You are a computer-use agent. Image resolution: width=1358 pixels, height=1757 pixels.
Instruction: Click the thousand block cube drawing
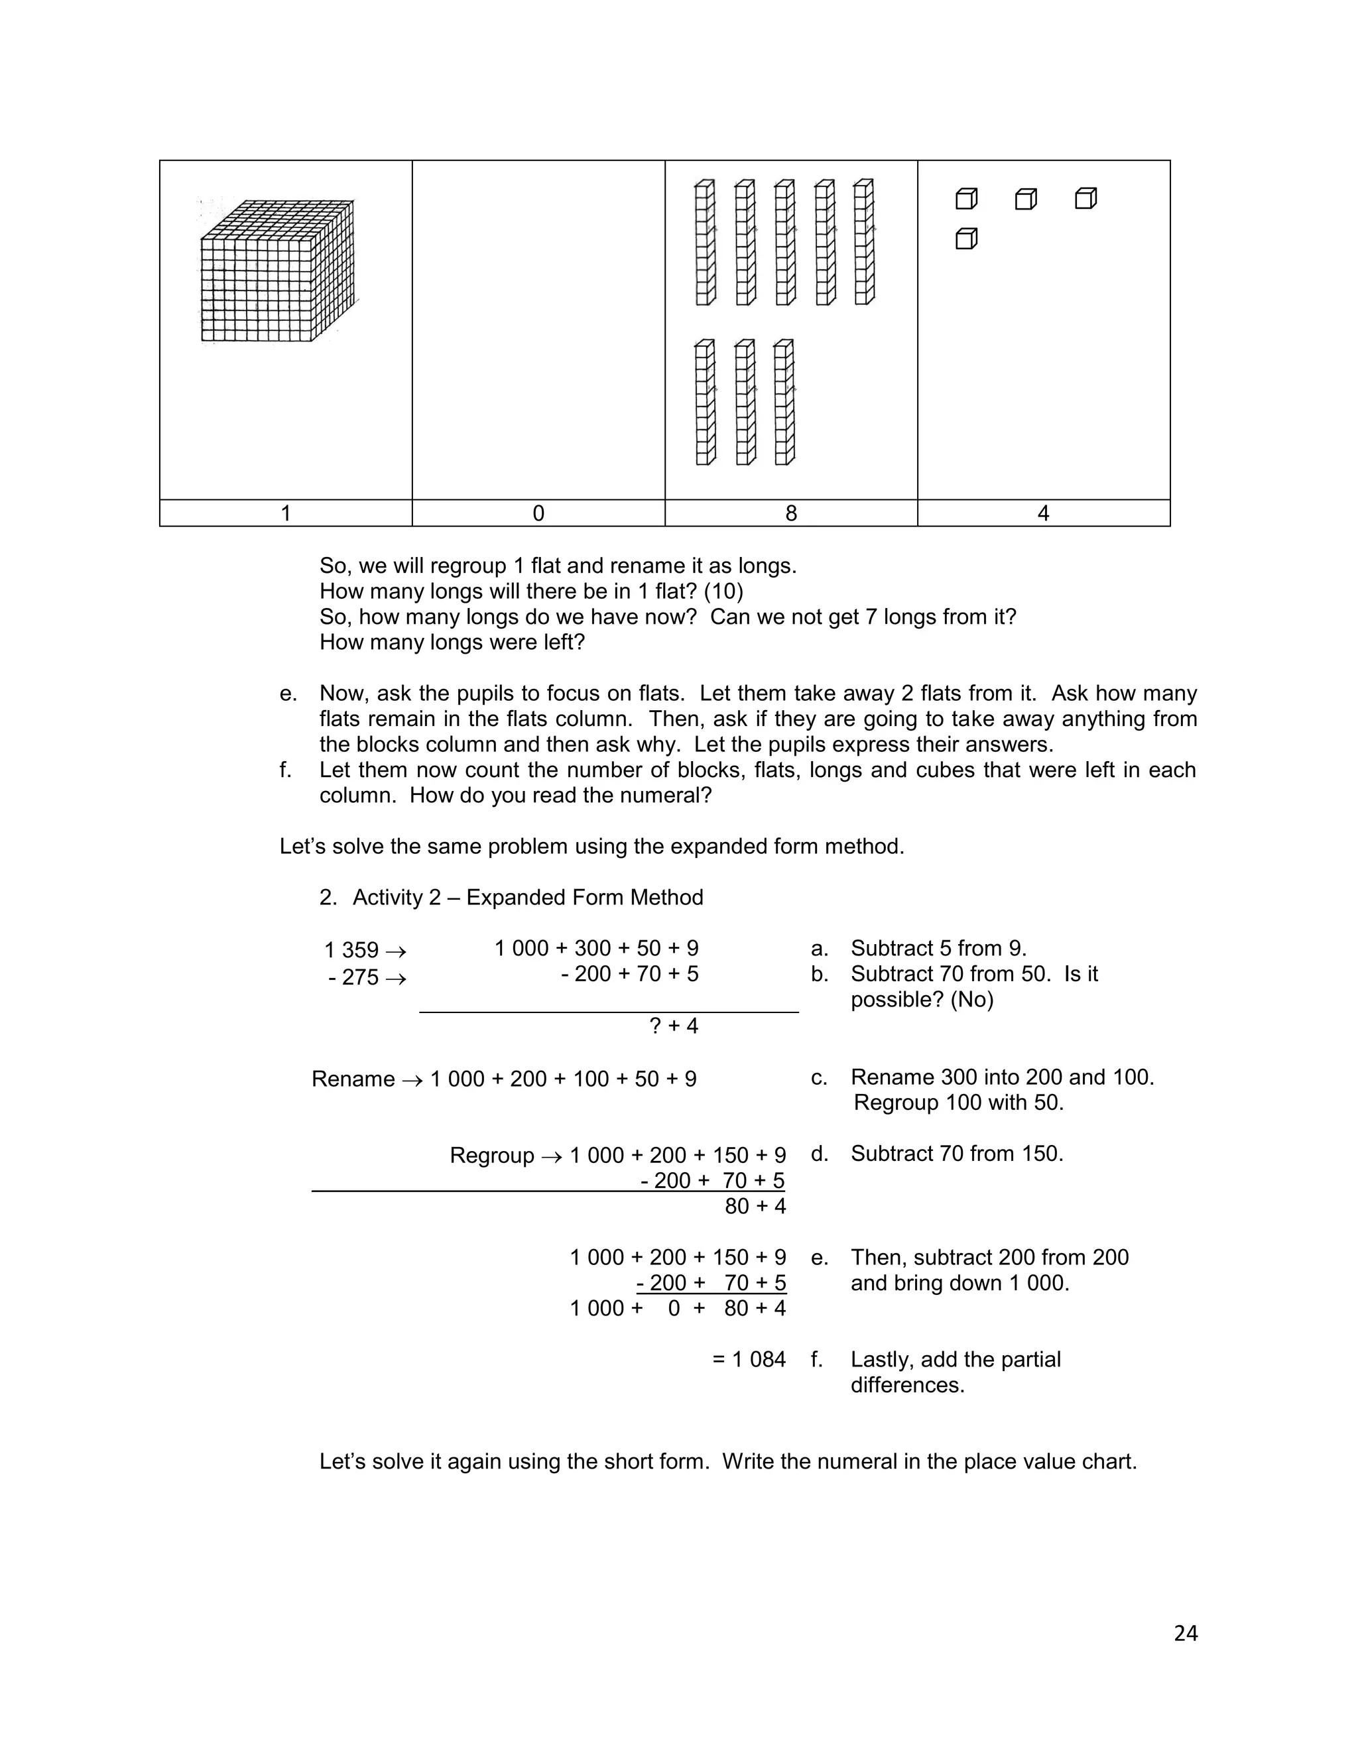(276, 272)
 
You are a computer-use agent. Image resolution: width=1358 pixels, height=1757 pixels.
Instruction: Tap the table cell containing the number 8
(791, 513)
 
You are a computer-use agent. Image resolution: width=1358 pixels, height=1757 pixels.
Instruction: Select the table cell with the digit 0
(538, 513)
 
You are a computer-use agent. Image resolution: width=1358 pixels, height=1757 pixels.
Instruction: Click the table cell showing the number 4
(1044, 513)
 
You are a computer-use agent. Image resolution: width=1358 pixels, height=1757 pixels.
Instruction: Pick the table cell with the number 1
(286, 513)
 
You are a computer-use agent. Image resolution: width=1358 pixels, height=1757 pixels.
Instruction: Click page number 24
(1185, 1633)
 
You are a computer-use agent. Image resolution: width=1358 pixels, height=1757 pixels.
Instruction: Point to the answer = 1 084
(749, 1360)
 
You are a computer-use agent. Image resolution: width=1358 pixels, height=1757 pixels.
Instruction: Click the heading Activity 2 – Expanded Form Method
(527, 897)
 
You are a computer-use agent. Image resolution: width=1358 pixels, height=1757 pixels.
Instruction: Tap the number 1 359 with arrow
(365, 950)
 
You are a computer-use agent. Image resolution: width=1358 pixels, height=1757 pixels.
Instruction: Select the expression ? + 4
(674, 1026)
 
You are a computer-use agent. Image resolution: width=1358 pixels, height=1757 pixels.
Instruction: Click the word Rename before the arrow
(352, 1079)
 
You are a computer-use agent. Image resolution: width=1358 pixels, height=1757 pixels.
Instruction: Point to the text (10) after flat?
(723, 591)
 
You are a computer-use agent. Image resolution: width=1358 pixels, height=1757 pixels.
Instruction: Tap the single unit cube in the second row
(966, 239)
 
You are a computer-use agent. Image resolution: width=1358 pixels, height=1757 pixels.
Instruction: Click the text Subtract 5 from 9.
(938, 949)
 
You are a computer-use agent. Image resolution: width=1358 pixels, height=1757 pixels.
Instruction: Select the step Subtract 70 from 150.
(957, 1154)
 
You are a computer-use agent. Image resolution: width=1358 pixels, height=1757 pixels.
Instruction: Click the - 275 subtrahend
(354, 977)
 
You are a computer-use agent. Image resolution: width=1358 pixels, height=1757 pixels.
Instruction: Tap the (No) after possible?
(973, 1000)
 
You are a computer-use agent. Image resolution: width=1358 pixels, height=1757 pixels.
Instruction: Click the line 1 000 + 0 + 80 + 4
(678, 1308)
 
